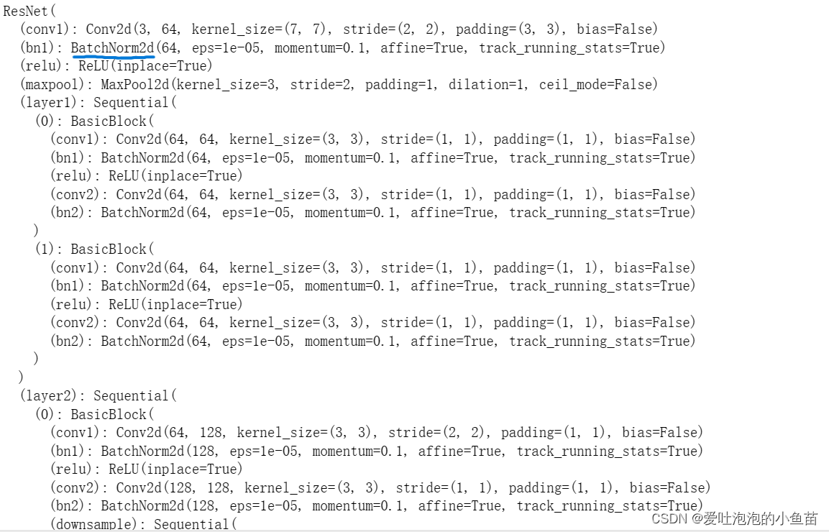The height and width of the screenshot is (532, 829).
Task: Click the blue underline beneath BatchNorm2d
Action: point(114,56)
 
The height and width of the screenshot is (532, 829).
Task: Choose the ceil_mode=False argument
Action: point(598,85)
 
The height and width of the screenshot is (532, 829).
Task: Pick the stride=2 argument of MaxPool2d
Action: point(319,85)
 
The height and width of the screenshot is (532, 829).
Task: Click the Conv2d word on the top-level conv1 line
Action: point(108,29)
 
